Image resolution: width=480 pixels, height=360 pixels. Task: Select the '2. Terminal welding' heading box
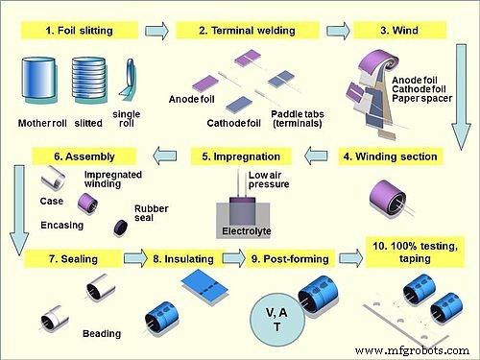[230, 31]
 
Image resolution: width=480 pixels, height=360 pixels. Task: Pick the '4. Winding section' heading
[392, 156]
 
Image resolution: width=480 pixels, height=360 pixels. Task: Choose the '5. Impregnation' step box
[240, 156]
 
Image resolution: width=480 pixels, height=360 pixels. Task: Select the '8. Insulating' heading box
[184, 259]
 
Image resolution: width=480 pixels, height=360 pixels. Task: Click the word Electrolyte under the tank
[240, 231]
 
